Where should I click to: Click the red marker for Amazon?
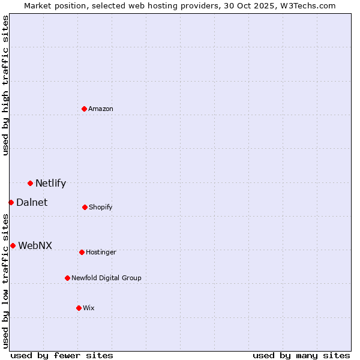pos(84,109)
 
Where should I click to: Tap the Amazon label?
pos(101,109)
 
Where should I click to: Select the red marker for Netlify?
pos(30,183)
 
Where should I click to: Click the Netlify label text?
pos(50,184)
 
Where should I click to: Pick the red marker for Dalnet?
pos(11,202)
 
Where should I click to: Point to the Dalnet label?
pos(32,203)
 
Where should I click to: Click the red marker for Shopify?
pos(85,207)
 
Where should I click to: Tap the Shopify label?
pos(100,208)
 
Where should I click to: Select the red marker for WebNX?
pos(13,245)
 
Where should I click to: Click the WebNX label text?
pos(35,246)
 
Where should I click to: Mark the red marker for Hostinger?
pos(82,252)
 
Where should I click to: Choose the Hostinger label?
pos(101,253)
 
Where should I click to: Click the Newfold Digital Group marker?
pos(67,278)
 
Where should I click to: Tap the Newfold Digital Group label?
pos(106,278)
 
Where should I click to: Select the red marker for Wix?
pos(79,308)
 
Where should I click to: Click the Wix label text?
pos(89,308)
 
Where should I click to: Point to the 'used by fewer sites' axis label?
pos(62,355)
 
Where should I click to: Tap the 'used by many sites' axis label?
pos(301,355)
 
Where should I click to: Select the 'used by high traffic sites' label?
pos(5,85)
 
